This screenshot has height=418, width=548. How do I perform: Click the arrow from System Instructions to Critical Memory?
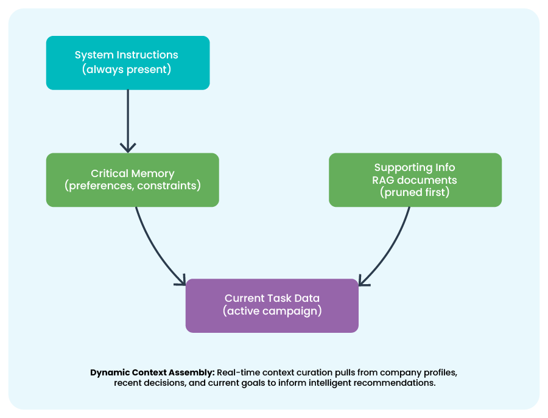[x=128, y=119]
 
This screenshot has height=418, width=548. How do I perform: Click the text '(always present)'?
[x=127, y=69]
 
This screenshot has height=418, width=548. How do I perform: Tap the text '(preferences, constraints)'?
[x=132, y=186]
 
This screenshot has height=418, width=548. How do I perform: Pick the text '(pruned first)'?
[x=415, y=192]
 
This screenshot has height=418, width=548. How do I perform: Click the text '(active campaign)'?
[x=272, y=311]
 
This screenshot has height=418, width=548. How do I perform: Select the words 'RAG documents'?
[x=415, y=180]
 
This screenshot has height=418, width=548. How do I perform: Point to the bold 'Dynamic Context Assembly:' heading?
[x=152, y=372]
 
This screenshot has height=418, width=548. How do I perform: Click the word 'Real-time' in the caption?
[x=239, y=372]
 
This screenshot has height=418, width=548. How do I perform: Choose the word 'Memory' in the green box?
[x=153, y=173]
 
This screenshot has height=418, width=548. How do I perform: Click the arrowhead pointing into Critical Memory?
[x=128, y=147]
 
